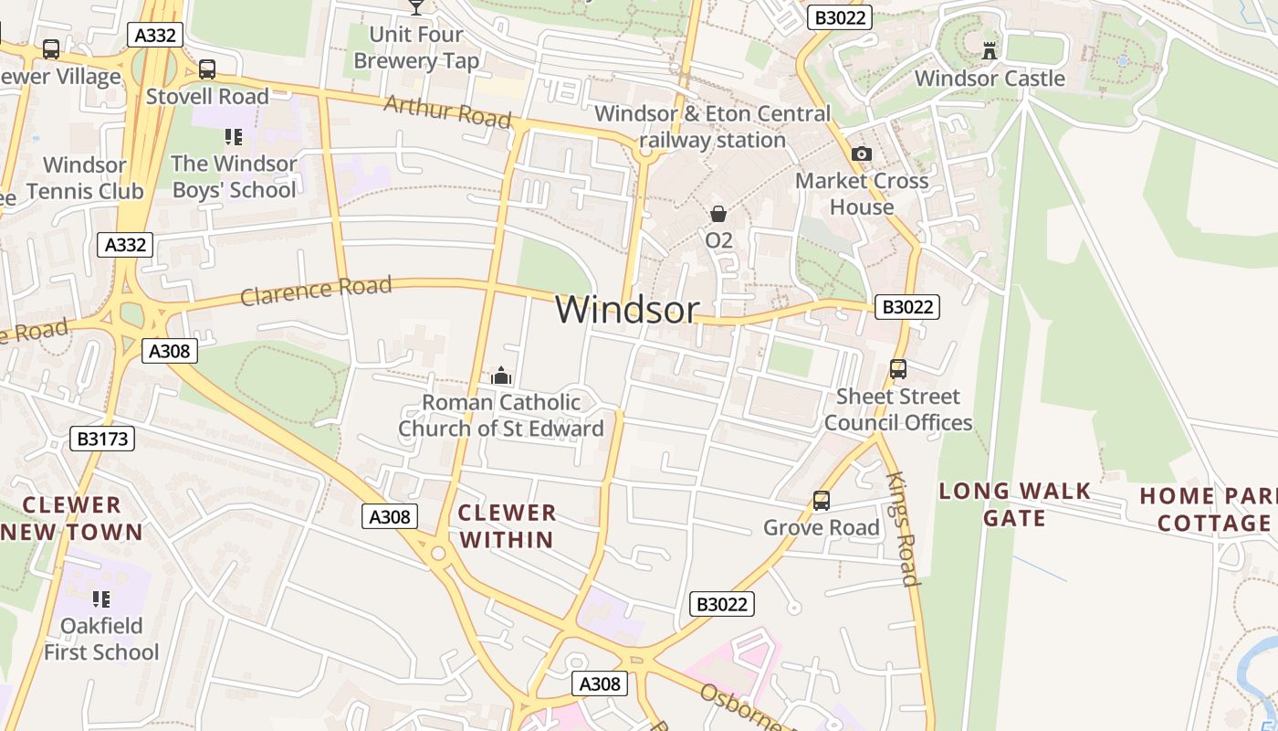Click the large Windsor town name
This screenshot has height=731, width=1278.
coord(627,310)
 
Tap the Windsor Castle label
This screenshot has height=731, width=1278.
coord(990,79)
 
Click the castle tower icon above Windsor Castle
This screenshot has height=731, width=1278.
coord(990,50)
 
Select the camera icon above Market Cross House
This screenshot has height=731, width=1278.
coord(861,154)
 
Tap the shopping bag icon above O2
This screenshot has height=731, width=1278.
coord(718,214)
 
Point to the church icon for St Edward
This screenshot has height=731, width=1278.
coord(500,376)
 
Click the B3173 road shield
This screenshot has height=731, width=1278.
coord(102,439)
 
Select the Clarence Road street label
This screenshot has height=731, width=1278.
coord(316,291)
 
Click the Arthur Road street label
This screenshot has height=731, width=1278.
coord(447,111)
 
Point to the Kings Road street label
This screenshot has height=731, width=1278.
coord(901,529)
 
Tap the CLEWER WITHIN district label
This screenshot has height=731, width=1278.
coord(507,525)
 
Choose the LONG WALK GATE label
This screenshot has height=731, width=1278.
coord(1015,504)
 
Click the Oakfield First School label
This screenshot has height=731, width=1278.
coord(101,639)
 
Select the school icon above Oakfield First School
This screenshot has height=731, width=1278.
coord(101,599)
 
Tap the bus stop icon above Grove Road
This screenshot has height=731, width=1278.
coord(822,501)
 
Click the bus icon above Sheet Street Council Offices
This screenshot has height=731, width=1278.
coord(898,369)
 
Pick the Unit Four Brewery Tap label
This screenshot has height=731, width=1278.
coord(416,48)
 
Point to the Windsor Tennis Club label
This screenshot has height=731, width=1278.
coord(85,178)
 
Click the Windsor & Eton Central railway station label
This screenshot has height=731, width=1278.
coord(713,127)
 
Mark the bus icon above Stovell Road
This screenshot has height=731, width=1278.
coord(207,69)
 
